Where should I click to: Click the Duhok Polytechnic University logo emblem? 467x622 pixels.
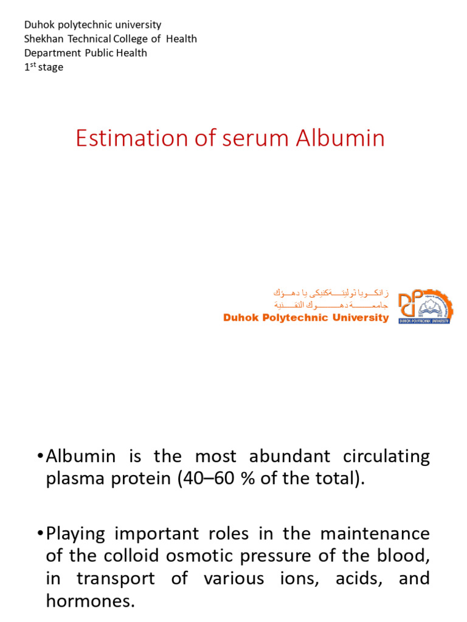click(x=424, y=306)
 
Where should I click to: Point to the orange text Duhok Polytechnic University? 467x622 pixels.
click(x=306, y=318)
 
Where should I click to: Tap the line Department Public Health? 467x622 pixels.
click(x=85, y=53)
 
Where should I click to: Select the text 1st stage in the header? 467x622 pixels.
click(x=44, y=67)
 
